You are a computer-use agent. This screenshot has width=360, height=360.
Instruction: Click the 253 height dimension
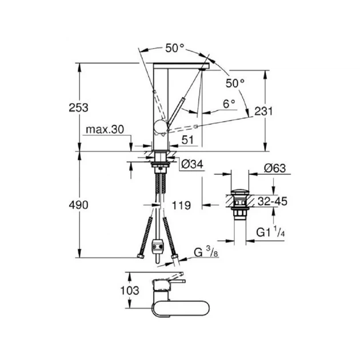tap(78, 107)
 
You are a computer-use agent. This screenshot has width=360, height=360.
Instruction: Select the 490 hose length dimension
tap(78, 205)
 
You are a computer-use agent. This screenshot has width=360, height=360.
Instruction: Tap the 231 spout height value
tap(263, 111)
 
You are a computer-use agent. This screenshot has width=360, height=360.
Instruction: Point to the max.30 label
tap(105, 130)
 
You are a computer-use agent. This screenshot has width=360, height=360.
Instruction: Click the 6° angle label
tap(229, 104)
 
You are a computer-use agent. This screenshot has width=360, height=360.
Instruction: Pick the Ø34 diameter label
tap(192, 164)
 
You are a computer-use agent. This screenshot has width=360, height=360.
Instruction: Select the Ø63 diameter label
tap(275, 169)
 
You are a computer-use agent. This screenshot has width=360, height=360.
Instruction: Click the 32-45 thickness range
tap(273, 201)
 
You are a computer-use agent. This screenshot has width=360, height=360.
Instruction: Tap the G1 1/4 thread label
tap(271, 232)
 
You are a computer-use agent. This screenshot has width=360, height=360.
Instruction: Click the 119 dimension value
tap(181, 206)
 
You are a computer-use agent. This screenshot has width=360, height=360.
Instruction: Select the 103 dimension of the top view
tap(130, 291)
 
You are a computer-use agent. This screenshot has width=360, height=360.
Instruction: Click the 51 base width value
tap(187, 140)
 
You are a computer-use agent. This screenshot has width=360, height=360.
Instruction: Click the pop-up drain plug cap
tap(239, 192)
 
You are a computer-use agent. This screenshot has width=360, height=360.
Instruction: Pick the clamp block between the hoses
tap(157, 247)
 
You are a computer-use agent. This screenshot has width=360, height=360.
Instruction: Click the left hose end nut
tap(140, 256)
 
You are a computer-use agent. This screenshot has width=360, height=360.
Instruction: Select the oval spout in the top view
tap(181, 309)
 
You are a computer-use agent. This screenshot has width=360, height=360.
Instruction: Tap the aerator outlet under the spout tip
tap(203, 69)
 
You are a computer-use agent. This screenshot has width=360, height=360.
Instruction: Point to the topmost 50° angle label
tap(175, 48)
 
